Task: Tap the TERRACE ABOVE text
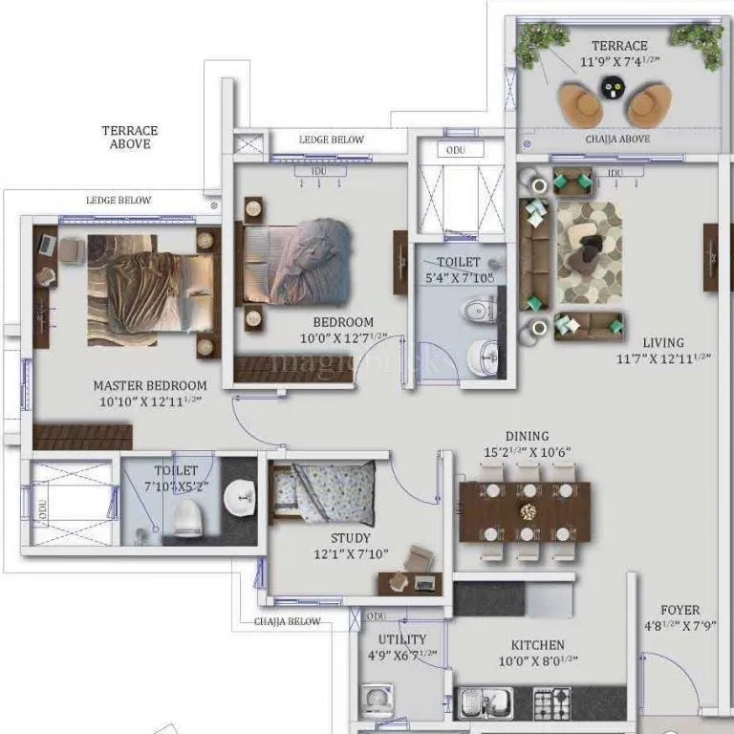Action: (130, 137)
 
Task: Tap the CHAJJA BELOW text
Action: (288, 621)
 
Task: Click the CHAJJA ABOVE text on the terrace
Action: (618, 139)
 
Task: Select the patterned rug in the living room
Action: (590, 251)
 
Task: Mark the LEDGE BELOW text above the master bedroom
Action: (119, 200)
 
